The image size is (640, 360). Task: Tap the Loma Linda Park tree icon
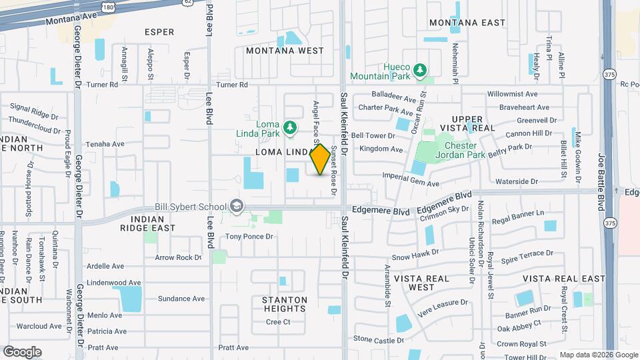(x=290, y=127)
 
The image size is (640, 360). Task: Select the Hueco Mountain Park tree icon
(x=419, y=70)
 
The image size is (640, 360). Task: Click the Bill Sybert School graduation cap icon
(x=236, y=207)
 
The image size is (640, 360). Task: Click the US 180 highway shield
(x=107, y=5)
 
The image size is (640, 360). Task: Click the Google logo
(x=22, y=351)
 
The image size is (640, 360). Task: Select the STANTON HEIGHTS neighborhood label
(x=285, y=304)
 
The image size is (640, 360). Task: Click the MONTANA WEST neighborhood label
(x=285, y=51)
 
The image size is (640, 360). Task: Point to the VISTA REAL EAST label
(x=564, y=278)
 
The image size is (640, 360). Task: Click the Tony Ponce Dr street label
(x=249, y=237)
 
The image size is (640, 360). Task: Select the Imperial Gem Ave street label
(x=411, y=179)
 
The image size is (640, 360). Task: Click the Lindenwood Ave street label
(x=114, y=283)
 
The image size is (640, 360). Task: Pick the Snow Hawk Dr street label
(x=415, y=255)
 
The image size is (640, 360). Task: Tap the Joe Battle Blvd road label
(x=601, y=173)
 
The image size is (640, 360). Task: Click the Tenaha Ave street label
(x=105, y=144)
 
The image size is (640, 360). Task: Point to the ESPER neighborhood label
(x=159, y=32)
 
